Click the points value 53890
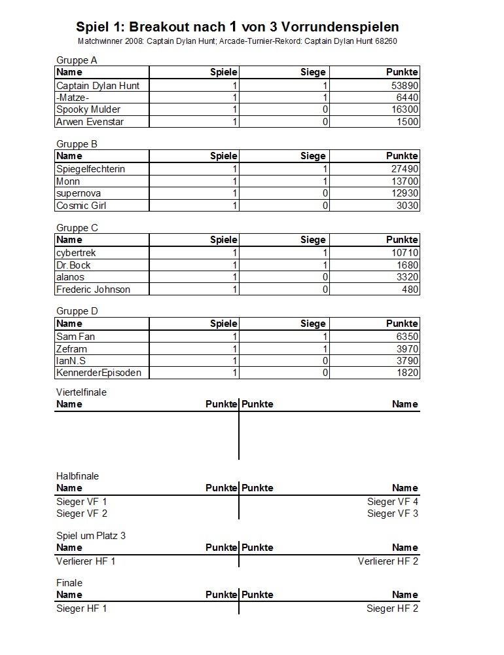tap(402, 86)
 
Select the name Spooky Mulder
tap(88, 109)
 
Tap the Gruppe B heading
tap(77, 144)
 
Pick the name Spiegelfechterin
tap(90, 169)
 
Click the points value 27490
tap(402, 169)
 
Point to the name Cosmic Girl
tap(81, 206)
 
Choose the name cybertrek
tap(77, 253)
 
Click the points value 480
tap(410, 290)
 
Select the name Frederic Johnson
tap(93, 290)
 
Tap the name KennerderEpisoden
tap(98, 373)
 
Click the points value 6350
tap(405, 337)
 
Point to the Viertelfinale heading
tap(81, 392)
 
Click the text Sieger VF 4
tap(393, 502)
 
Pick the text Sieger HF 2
tap(393, 608)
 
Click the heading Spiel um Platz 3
tap(91, 536)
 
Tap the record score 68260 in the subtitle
tap(385, 41)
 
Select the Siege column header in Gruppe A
tap(313, 72)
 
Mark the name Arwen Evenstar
tap(90, 122)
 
